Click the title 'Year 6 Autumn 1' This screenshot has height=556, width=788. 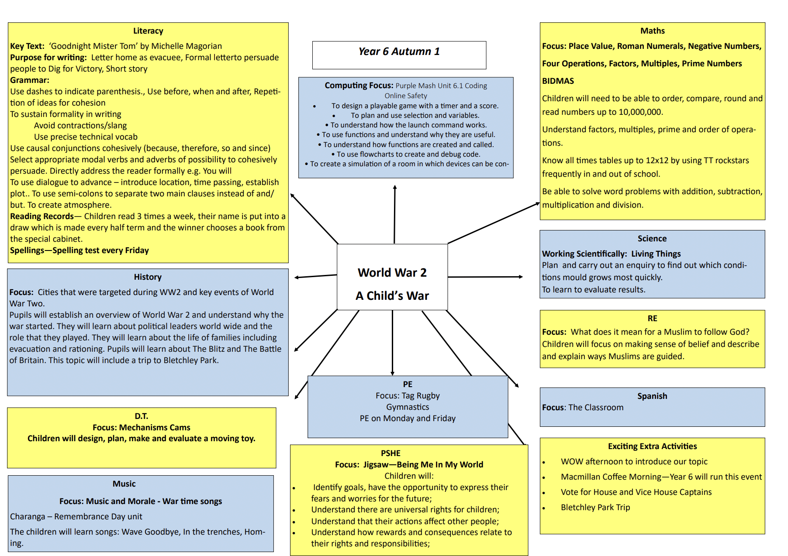point(399,51)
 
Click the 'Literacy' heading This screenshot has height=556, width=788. point(148,31)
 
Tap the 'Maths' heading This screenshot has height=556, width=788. point(652,31)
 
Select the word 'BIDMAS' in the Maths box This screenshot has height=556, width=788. point(558,81)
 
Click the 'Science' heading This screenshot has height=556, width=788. point(652,239)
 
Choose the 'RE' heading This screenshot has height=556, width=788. point(652,319)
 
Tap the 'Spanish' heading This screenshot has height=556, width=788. point(652,396)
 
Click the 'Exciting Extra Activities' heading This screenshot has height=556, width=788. point(652,446)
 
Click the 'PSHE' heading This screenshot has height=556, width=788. point(391,453)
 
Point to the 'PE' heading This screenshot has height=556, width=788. point(408,384)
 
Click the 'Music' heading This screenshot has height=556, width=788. point(124,484)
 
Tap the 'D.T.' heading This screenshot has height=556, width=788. point(141,416)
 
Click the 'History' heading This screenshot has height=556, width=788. point(148,277)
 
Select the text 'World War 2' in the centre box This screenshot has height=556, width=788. point(392,273)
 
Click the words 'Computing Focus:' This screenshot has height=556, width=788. point(359,86)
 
